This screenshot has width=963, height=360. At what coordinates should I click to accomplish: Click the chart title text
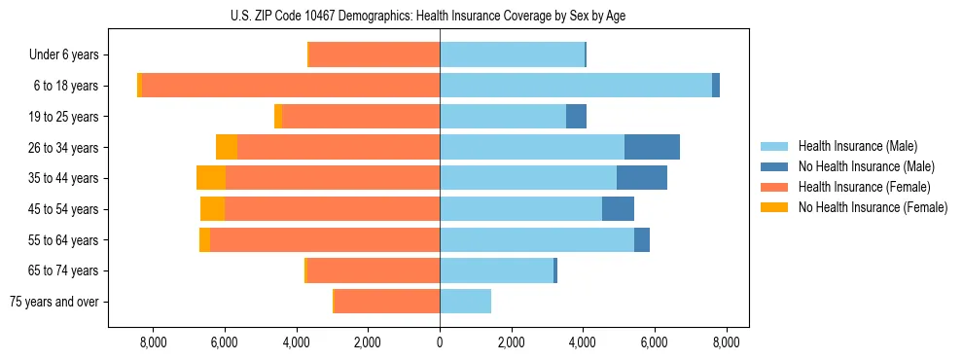tap(440, 16)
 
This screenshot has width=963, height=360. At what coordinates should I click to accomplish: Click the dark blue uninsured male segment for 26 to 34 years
tap(652, 147)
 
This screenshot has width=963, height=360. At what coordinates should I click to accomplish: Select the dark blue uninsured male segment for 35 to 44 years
tap(641, 178)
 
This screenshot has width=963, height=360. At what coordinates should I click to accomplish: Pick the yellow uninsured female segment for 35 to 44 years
tap(211, 178)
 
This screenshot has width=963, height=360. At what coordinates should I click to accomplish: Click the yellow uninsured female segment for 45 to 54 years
tap(212, 209)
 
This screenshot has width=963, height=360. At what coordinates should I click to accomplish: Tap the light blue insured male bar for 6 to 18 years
tap(575, 86)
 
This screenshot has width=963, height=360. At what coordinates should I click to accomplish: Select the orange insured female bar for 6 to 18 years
tap(291, 86)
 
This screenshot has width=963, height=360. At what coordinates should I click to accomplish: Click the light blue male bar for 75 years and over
tap(465, 302)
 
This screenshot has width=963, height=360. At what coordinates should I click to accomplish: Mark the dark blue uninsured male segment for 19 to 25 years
tap(576, 117)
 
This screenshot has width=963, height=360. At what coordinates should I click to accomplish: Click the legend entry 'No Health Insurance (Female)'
tap(873, 207)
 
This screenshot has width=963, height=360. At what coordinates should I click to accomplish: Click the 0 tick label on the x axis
tap(440, 342)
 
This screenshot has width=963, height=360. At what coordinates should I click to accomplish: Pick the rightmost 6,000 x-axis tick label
tap(655, 342)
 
